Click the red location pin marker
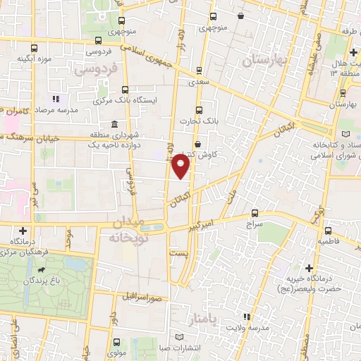pos(181,166)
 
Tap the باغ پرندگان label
pos(42,281)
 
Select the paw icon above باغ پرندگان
pos(42,270)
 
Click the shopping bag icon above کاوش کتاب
pos(197,144)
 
